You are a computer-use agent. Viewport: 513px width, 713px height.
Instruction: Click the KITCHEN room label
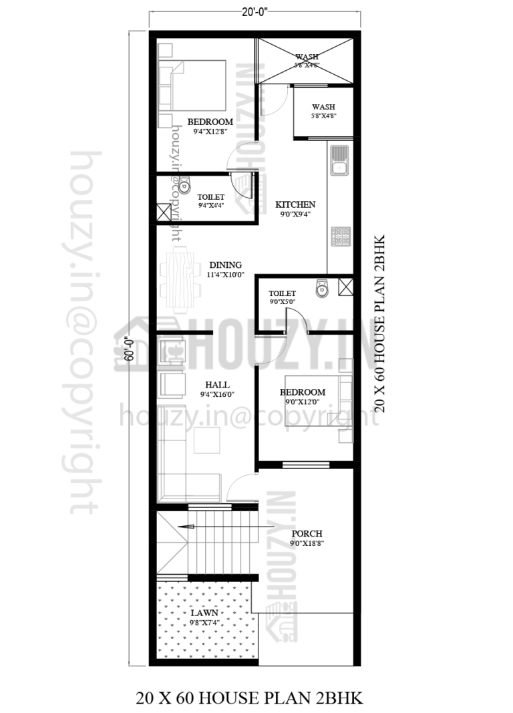click(295, 204)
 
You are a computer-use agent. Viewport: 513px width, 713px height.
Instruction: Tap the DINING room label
click(225, 265)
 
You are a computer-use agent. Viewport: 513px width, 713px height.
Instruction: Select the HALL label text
click(217, 385)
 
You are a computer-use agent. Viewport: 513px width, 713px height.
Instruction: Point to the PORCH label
click(307, 533)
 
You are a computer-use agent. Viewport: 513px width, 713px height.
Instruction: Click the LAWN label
click(204, 612)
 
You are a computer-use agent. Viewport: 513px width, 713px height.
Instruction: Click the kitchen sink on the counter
click(339, 159)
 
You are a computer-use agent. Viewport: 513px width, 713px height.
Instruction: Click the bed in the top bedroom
click(198, 86)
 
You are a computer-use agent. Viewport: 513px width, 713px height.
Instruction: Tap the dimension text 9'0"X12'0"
click(303, 402)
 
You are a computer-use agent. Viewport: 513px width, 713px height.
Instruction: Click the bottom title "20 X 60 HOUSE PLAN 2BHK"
click(249, 698)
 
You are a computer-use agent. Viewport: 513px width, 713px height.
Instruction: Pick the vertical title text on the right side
click(379, 323)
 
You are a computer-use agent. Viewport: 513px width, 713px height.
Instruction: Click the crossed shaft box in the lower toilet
click(345, 287)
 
